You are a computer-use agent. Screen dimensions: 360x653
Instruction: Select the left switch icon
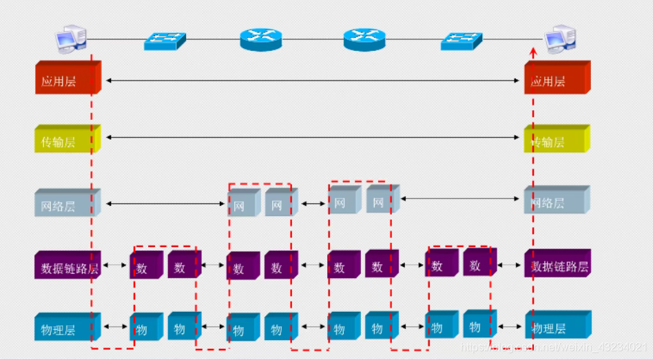(x=165, y=40)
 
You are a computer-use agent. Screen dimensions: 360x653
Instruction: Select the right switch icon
(x=462, y=41)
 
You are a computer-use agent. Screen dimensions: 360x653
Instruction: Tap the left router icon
(x=262, y=39)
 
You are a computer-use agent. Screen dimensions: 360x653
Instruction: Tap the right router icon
(x=365, y=39)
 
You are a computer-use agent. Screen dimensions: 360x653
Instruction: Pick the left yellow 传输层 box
(x=67, y=140)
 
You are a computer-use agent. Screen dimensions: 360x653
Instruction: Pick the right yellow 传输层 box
(x=557, y=140)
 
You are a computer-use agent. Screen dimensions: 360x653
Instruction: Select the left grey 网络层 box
(x=67, y=203)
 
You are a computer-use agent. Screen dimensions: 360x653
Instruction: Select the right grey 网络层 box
(x=557, y=200)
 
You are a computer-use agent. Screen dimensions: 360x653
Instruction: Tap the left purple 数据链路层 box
(x=67, y=266)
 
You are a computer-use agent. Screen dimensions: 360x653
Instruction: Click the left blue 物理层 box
(x=67, y=327)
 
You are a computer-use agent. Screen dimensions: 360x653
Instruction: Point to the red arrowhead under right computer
(x=533, y=52)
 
